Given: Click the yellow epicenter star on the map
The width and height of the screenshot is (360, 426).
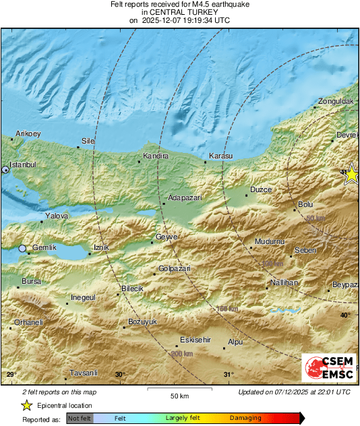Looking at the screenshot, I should (x=351, y=175).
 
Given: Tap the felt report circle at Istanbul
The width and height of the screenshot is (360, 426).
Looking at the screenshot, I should (x=6, y=170).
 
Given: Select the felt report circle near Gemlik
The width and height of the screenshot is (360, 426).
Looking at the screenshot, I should (x=22, y=249).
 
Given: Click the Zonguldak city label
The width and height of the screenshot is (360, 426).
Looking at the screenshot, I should (x=336, y=100).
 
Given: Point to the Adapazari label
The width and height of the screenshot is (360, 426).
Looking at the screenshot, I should (x=185, y=198).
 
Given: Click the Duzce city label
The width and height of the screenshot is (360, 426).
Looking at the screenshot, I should (x=261, y=190).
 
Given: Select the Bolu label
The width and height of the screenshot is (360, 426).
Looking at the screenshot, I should (x=305, y=204).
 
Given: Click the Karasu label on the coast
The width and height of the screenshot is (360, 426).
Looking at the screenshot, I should (x=220, y=156).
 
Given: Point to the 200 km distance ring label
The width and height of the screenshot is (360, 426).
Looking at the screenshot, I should (x=182, y=354).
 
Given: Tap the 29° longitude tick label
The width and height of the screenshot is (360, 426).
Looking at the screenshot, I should (x=10, y=375).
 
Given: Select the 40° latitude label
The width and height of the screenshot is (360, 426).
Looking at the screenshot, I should (x=344, y=315).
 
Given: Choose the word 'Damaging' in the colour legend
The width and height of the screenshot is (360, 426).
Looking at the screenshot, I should (x=245, y=418).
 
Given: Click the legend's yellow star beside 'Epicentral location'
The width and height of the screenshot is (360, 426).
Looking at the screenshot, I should (x=26, y=405).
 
